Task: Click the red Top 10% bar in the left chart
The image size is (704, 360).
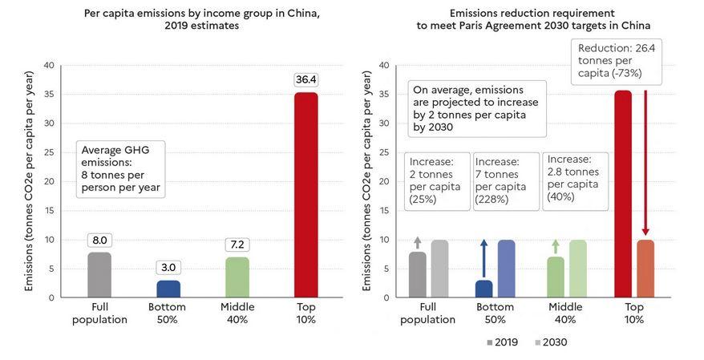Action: (306, 195)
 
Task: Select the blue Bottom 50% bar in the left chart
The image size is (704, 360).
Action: (168, 289)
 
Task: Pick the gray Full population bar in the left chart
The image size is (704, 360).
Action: (99, 275)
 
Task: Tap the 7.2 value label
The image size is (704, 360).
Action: (237, 245)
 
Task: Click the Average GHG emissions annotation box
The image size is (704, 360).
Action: (120, 168)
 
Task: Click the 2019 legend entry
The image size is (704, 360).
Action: (502, 342)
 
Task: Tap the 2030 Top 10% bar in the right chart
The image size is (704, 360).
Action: (645, 269)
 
